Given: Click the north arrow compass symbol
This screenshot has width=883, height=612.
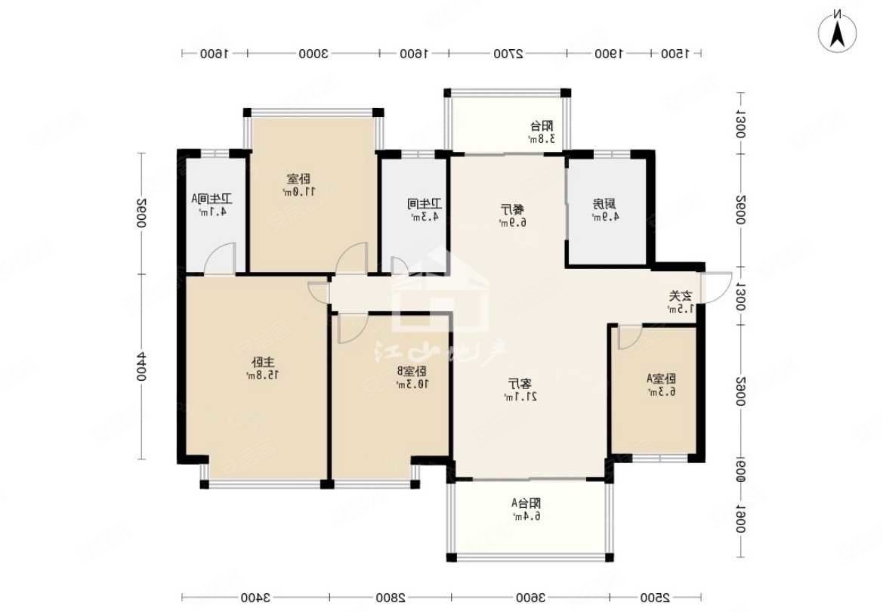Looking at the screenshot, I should [838, 29].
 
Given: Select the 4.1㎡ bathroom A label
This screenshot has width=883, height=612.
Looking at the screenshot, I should [211, 205].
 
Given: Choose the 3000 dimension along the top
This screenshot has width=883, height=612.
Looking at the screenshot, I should [311, 54].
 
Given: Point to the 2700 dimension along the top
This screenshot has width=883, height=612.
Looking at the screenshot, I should [508, 54].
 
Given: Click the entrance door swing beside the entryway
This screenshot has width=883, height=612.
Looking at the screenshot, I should [715, 287].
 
